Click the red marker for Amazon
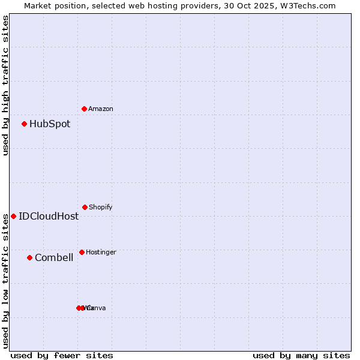[84, 109]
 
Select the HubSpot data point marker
[25, 124]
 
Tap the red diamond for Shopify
[85, 207]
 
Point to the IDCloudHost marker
[13, 216]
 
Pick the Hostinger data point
[82, 252]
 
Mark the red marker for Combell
[29, 257]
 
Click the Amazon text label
[101, 109]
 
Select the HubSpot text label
[50, 124]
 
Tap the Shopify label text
[101, 207]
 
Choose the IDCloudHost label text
[49, 216]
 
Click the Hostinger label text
[101, 252]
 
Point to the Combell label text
[54, 258]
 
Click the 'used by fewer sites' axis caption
[62, 355]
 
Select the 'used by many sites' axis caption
[301, 355]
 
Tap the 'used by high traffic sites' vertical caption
[5, 85]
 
